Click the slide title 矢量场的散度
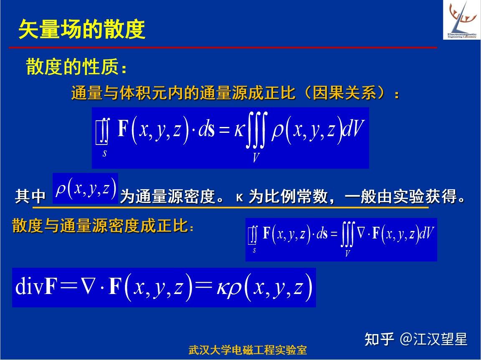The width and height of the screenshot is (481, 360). click(x=82, y=30)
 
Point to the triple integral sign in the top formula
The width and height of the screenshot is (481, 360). click(x=256, y=130)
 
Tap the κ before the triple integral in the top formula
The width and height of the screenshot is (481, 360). click(x=239, y=130)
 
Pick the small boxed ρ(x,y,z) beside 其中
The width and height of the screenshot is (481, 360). click(x=85, y=188)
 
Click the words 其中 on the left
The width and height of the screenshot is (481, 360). click(x=30, y=196)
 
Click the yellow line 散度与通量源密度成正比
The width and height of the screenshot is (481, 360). click(x=100, y=226)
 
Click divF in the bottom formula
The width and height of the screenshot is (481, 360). click(x=36, y=286)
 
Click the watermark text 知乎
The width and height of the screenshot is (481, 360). click(x=379, y=340)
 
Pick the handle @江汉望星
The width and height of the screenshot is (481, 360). click(x=433, y=340)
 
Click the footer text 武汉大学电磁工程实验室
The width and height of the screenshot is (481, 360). click(x=248, y=350)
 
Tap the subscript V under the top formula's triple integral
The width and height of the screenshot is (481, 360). click(x=256, y=157)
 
